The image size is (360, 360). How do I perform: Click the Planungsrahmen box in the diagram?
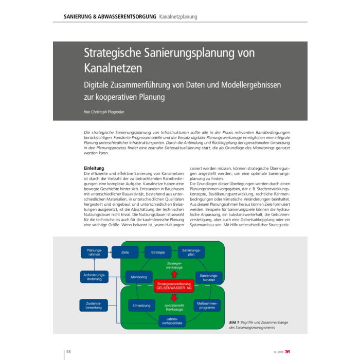tap(95, 252)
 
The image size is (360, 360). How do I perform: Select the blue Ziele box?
tap(125, 253)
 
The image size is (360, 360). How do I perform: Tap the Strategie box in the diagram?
tap(158, 252)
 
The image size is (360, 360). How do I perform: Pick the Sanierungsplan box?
tap(191, 252)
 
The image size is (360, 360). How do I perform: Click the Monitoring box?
tap(139, 277)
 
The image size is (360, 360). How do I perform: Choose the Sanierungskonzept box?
tap(209, 278)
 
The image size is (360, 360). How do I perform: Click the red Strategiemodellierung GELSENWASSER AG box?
tap(174, 285)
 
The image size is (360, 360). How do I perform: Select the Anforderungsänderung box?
tap(94, 277)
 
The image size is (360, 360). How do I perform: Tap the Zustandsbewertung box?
tap(94, 305)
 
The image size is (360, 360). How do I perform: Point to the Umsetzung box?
tap(141, 305)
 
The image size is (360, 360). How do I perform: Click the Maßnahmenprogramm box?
tap(208, 305)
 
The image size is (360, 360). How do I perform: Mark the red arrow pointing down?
tap(174, 297)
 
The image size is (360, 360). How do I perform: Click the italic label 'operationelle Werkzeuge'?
tap(174, 308)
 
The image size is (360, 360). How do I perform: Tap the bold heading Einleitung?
tap(94, 168)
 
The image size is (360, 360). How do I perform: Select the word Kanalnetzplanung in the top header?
tap(178, 16)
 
